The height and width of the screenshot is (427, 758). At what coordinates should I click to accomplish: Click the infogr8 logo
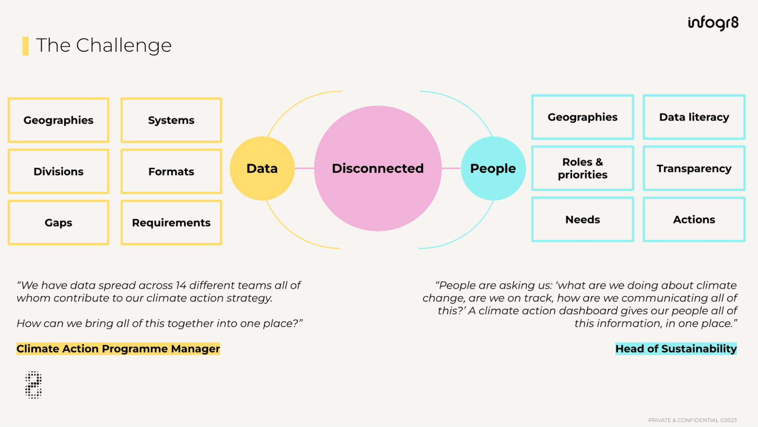[x=713, y=23]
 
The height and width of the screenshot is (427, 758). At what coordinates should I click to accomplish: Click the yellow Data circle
[x=262, y=168]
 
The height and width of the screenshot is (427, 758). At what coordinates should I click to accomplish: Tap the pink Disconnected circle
[x=378, y=168]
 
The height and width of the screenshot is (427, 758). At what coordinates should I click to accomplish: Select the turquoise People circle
[x=493, y=168]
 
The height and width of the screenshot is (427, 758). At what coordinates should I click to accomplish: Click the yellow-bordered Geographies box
[x=58, y=120]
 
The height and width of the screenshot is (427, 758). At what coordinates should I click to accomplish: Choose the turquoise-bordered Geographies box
[x=582, y=117]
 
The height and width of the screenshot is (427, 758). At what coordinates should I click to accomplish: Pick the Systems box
[x=171, y=120]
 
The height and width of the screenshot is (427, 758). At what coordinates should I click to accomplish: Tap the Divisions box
[x=58, y=171]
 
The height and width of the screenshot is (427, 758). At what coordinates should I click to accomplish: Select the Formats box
[x=171, y=171]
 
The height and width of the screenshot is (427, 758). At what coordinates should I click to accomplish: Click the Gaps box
[x=58, y=223]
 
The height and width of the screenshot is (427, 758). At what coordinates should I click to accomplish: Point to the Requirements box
[x=171, y=223]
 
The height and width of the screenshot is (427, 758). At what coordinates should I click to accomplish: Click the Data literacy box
[x=694, y=117]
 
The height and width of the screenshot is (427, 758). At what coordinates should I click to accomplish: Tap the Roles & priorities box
[x=582, y=168]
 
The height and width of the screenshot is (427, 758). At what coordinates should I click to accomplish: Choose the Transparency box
[x=694, y=168]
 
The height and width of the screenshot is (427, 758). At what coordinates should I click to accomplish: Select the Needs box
[x=582, y=220]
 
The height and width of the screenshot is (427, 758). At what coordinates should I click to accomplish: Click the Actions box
[x=694, y=220]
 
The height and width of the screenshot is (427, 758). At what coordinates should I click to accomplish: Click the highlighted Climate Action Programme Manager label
[x=118, y=349]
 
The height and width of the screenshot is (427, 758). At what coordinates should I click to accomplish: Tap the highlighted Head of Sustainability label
[x=676, y=349]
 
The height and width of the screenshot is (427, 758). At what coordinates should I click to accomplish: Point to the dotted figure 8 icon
[x=33, y=385]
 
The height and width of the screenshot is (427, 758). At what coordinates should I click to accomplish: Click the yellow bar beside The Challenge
[x=25, y=46]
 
